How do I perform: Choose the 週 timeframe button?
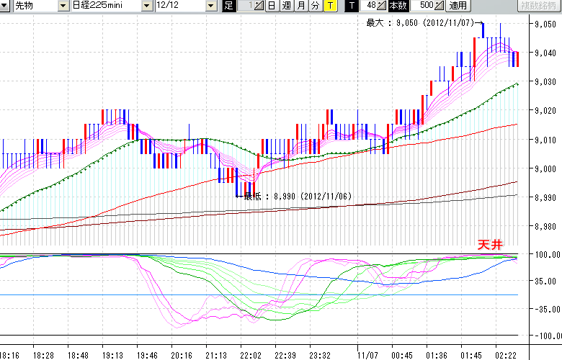point(286,6)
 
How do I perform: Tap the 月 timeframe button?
point(300,6)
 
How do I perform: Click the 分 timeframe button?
point(315,6)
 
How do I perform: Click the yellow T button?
point(329,6)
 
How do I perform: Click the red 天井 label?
point(489,245)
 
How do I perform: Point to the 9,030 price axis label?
point(545,82)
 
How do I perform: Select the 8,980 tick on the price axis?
point(545,226)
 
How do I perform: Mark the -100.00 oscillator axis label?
point(545,336)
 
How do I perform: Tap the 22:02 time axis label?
point(250,355)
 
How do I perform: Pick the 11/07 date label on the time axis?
point(368,355)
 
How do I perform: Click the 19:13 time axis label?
point(112,355)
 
